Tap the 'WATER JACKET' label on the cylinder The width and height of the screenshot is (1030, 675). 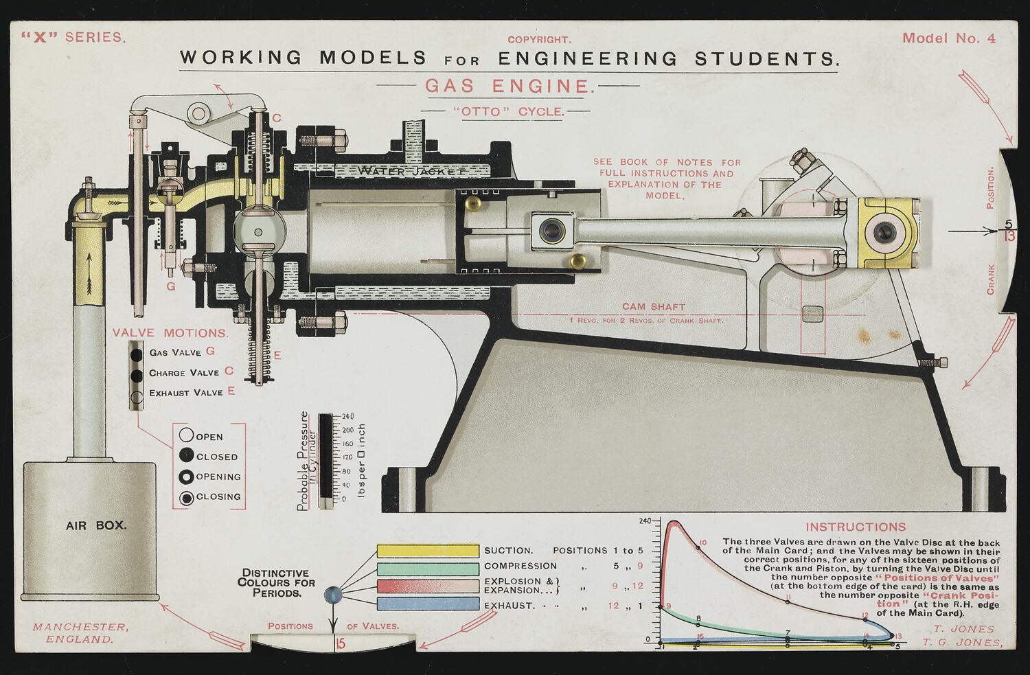(411, 170)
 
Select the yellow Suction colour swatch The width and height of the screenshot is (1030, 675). (428, 551)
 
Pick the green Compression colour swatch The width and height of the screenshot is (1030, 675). (428, 568)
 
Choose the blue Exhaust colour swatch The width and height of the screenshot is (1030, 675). (428, 604)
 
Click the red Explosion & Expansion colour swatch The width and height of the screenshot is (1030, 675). (428, 586)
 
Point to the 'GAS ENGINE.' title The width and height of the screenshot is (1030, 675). (509, 87)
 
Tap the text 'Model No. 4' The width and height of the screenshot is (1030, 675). (948, 38)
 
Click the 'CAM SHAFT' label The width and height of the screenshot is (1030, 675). (653, 307)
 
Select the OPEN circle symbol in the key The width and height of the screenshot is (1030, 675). (186, 435)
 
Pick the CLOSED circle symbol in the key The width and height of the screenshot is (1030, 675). (186, 455)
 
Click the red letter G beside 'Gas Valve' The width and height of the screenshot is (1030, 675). (210, 352)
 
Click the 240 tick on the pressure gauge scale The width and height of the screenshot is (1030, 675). (347, 416)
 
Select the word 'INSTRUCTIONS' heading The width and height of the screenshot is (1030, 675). (855, 527)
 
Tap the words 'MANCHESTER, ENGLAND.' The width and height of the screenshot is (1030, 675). (80, 632)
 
